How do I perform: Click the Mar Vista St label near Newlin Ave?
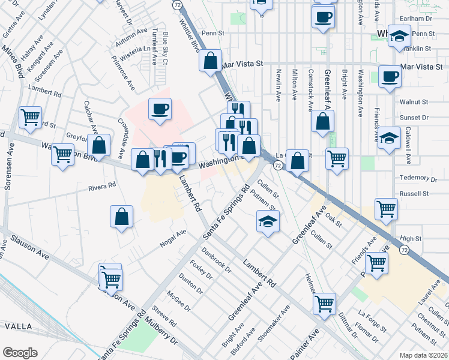(x=243, y=63)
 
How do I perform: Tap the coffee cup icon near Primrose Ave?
(x=160, y=109)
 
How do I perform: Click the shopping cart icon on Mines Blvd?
(x=30, y=118)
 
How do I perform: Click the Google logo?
(x=20, y=352)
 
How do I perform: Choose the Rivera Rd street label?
(x=102, y=187)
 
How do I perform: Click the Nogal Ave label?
(x=173, y=238)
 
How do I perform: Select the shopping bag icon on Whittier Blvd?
(x=211, y=61)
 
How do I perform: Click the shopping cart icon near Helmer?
(x=324, y=304)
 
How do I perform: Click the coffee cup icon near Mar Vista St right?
(x=390, y=77)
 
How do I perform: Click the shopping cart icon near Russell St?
(x=385, y=209)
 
